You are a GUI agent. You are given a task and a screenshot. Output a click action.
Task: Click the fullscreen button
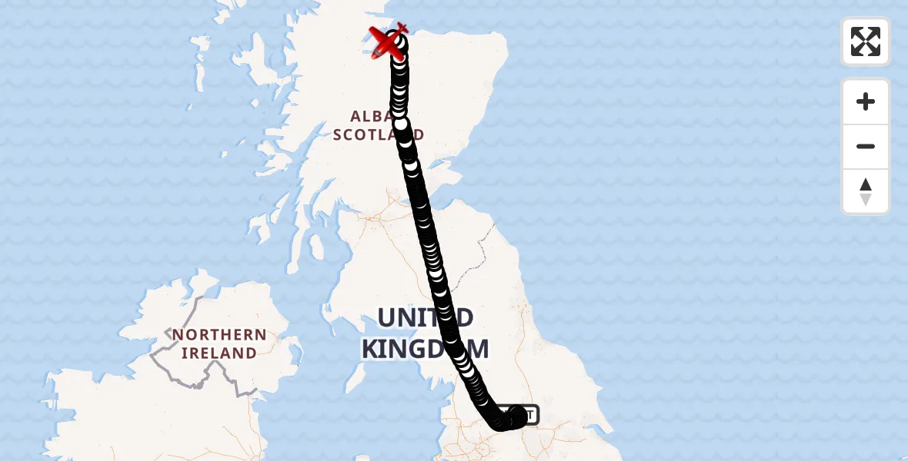pos(865,41)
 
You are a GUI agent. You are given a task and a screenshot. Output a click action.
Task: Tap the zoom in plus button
pos(865,101)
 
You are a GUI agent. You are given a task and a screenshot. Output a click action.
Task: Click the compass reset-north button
pos(865,191)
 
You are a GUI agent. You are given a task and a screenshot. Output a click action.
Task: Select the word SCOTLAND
pos(378,134)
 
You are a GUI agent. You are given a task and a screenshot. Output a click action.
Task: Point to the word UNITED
pos(425,317)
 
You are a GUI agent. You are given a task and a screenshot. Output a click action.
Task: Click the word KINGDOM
pos(425,349)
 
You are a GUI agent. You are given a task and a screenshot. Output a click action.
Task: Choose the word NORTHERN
pos(219,335)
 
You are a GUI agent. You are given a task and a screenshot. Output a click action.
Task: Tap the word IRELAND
pos(219,353)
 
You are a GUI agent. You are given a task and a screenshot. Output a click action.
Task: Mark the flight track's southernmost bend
pos(500,423)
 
